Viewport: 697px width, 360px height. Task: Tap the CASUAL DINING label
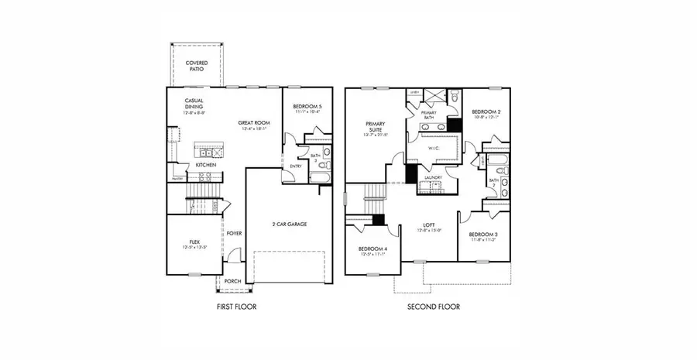click(x=194, y=105)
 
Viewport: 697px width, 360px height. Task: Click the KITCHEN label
click(x=205, y=165)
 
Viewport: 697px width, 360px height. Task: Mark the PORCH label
click(x=233, y=282)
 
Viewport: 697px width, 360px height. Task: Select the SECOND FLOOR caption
click(x=434, y=307)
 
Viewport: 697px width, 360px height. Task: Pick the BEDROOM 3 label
click(x=482, y=235)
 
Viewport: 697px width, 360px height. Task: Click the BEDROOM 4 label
click(x=373, y=250)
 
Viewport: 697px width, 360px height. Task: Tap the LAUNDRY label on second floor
click(x=434, y=177)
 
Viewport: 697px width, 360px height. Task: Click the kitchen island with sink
click(x=208, y=149)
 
